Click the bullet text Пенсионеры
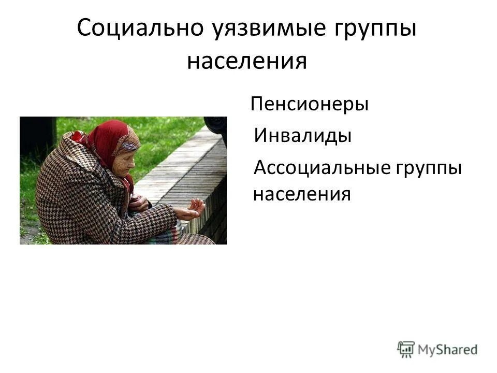coord(310,105)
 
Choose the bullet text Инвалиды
coord(302,136)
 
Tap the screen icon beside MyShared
coord(406,349)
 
